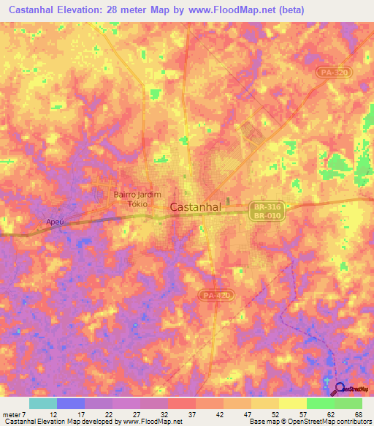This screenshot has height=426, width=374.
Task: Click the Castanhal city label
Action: (195, 207)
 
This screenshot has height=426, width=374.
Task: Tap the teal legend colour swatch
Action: (43, 403)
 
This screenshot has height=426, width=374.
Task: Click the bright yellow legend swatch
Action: (292, 403)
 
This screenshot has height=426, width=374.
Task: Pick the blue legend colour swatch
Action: (71, 403)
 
